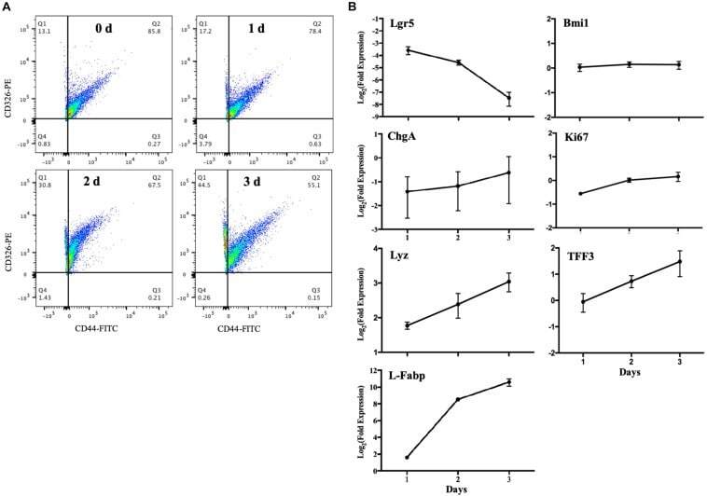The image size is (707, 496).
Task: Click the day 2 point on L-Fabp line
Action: click(x=458, y=399)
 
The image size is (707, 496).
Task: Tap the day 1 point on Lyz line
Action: click(x=408, y=325)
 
